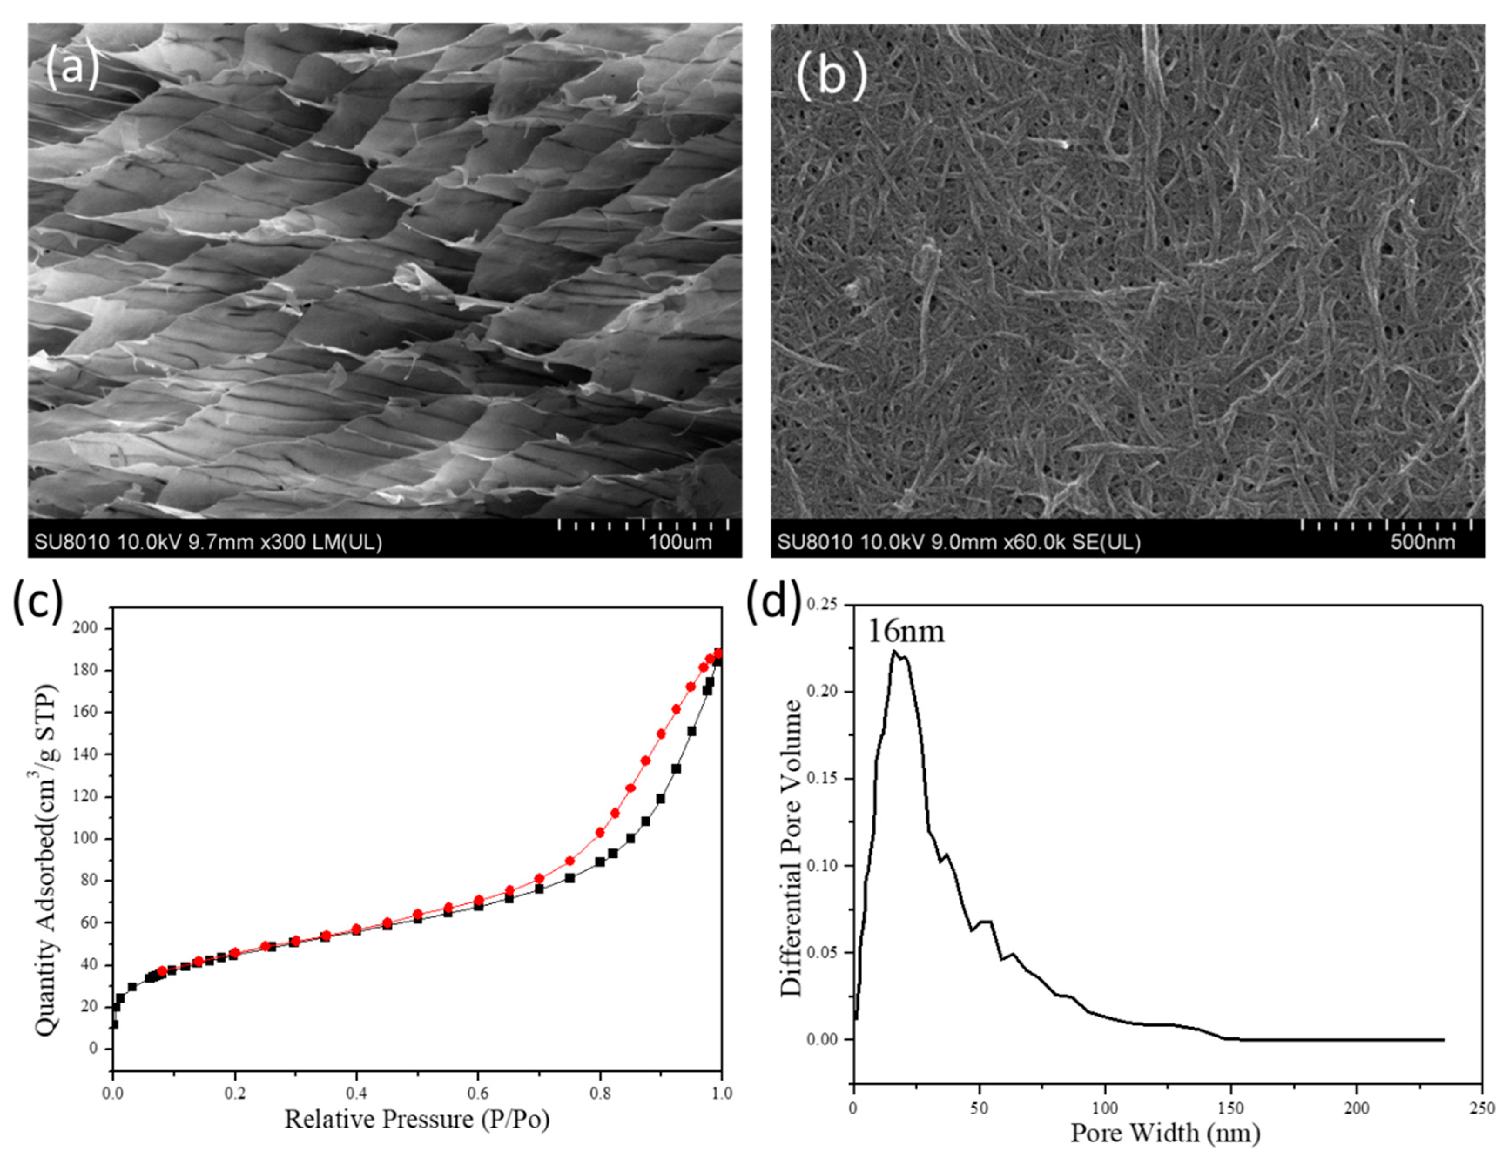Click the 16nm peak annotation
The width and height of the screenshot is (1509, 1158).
(905, 631)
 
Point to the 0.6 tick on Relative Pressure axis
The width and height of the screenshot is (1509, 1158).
(478, 1093)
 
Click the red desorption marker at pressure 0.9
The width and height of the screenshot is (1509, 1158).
(661, 734)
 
